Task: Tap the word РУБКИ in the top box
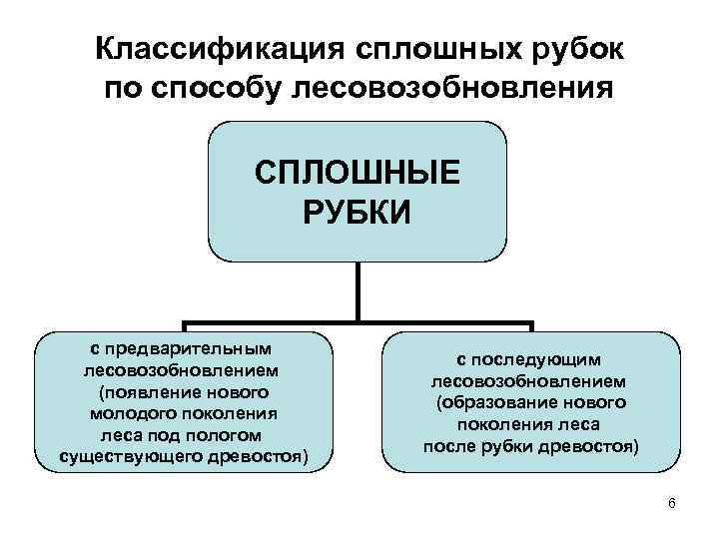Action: pyautogui.click(x=358, y=213)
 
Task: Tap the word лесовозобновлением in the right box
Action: pyautogui.click(x=529, y=380)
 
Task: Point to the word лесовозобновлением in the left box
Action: pyautogui.click(x=182, y=369)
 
